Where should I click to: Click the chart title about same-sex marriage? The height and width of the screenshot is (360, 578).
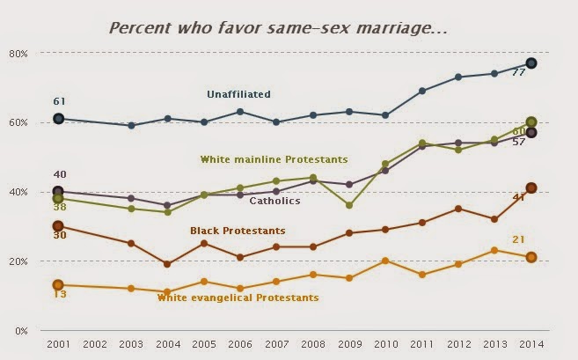pos(279,28)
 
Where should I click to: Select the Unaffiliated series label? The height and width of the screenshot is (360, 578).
pos(238,94)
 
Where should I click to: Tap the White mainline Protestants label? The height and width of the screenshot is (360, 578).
pos(274,159)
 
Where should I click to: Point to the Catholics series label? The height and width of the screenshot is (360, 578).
pos(274,201)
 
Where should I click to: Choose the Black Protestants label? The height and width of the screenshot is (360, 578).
pos(238,231)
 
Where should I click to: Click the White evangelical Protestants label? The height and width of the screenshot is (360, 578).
pos(238,298)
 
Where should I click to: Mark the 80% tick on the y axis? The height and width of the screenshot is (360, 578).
pos(18,54)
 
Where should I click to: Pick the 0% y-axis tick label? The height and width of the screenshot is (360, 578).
pos(21,331)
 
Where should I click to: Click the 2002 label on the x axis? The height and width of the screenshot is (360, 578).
pos(95,344)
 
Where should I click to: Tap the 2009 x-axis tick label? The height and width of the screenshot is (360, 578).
pos(350,344)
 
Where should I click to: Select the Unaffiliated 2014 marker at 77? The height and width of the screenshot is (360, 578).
pos(531,63)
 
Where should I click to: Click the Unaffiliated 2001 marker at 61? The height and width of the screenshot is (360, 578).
pos(59,119)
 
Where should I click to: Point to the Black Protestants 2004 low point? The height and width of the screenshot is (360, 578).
pos(167,264)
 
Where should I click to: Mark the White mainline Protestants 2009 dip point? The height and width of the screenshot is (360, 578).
pos(349,205)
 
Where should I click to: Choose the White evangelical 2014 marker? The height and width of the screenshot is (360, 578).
pos(531,257)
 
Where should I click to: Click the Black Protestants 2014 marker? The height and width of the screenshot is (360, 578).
pos(531,187)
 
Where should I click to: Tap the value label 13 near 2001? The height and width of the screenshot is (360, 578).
pos(60,294)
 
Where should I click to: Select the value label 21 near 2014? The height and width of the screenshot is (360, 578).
pos(518,239)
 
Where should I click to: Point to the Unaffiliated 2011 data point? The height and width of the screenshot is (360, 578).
pos(422,91)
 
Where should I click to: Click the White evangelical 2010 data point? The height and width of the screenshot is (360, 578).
pos(385,261)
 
